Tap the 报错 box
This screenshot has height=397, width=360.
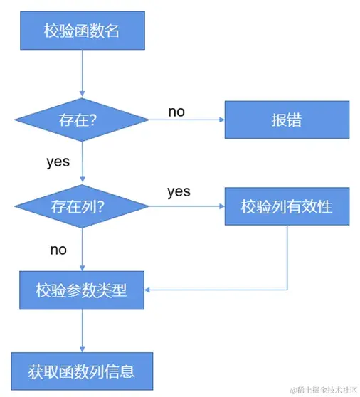coord(287,120)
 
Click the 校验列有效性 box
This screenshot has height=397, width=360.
coord(287,207)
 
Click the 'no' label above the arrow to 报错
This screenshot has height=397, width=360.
coord(176,112)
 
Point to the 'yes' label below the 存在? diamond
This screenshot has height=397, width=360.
coord(58,162)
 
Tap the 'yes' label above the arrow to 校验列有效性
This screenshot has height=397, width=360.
coord(179,192)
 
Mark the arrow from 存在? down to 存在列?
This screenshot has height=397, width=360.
coord(83,164)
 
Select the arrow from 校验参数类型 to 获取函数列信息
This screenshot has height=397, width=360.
coord(83,330)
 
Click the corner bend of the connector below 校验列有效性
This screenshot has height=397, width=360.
coord(287,290)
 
